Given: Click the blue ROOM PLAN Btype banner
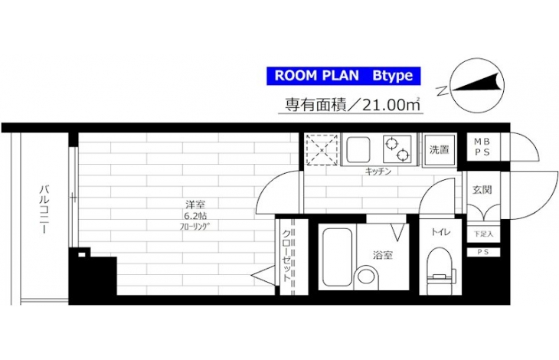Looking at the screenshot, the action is point(344,76).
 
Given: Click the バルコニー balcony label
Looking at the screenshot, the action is point(44,209).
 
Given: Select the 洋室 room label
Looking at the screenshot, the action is point(195,205).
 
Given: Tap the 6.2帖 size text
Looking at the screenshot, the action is point(195,216).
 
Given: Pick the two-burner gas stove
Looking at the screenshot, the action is point(397,149).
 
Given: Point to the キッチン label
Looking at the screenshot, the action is point(378,172).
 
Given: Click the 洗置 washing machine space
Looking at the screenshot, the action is point(440,150).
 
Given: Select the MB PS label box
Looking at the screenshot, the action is point(482,147).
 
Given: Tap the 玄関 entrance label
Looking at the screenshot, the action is point(482,190).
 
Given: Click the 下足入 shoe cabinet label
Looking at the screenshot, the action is point(484,234).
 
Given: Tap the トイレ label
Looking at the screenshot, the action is point(440,232).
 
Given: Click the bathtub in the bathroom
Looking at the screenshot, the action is point(337,257).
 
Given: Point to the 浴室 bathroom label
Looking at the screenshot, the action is point(383,255).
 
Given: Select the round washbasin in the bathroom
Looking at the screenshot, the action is point(367,276).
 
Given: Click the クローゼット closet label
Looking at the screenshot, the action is point(287,256).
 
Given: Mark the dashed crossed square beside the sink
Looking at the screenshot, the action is point(322,149).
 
